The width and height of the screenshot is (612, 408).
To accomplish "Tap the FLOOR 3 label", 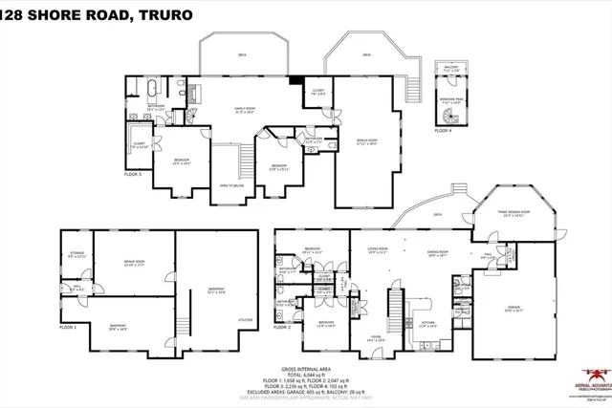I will pos(133,175).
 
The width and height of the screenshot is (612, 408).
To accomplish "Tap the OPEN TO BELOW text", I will pos(233,185).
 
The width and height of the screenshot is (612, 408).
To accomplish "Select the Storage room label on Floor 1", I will pos(76,255).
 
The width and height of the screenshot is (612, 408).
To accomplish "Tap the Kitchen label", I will pos(429,322).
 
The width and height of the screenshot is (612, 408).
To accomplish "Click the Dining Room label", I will pos(437,254).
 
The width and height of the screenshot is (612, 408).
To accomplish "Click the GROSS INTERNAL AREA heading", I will pos(305,369).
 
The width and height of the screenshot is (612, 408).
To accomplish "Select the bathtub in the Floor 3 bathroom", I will pos(151,92).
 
